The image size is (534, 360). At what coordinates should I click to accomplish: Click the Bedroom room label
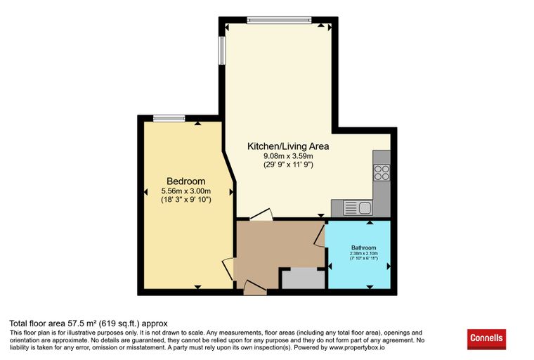(x=186, y=181)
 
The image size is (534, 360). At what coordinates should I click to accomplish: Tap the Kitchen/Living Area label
(x=288, y=146)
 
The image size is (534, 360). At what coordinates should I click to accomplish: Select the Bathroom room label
(x=364, y=247)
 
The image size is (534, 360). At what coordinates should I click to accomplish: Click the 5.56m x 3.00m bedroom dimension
(x=186, y=191)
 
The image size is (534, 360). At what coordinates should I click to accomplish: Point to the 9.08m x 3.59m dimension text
(x=288, y=156)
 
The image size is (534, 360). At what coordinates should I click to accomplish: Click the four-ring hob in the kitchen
(x=382, y=172)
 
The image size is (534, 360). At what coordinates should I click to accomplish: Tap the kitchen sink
(x=358, y=207)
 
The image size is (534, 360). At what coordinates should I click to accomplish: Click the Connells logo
(x=486, y=338)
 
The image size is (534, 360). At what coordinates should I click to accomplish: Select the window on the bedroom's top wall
(x=169, y=118)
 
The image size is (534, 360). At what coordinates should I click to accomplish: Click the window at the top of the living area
(x=279, y=20)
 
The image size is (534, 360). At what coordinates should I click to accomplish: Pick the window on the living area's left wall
(x=222, y=51)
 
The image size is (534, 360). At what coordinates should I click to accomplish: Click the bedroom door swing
(x=228, y=269)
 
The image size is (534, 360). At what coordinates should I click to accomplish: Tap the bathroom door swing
(x=320, y=235)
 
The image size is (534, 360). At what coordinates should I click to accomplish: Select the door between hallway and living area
(x=261, y=214)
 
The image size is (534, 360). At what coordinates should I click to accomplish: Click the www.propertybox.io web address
(x=357, y=348)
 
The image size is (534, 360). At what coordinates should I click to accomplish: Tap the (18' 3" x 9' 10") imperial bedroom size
(x=186, y=200)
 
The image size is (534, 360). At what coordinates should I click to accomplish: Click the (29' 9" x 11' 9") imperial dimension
(x=288, y=165)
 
